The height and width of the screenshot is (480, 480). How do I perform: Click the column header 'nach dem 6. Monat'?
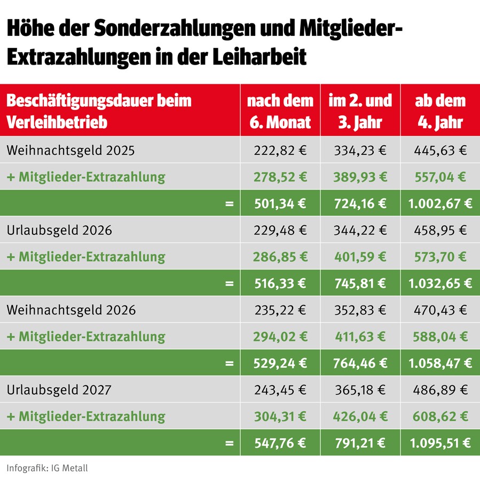[280, 111]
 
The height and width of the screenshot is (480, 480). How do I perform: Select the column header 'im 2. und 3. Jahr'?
[360, 111]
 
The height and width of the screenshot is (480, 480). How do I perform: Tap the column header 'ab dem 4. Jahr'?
[440, 111]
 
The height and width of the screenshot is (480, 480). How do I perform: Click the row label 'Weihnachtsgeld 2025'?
[70, 151]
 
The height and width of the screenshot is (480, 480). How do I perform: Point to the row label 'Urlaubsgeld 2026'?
[59, 230]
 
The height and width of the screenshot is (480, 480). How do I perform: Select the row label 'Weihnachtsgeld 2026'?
[71, 310]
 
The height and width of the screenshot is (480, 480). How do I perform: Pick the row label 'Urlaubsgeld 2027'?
[59, 390]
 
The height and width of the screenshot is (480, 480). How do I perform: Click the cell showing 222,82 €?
[280, 151]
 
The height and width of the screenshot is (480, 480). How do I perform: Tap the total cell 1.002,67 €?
[440, 203]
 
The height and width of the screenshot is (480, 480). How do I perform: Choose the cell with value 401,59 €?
[360, 257]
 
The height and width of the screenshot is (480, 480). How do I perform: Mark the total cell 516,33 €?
[280, 283]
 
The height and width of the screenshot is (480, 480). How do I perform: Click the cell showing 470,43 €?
[440, 310]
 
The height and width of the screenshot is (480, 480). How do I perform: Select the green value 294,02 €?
[280, 337]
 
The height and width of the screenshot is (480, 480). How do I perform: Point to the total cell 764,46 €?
[360, 363]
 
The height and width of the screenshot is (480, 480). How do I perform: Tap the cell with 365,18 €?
[360, 390]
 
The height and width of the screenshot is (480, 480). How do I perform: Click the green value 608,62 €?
[440, 416]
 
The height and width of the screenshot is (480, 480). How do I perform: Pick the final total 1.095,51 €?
[440, 443]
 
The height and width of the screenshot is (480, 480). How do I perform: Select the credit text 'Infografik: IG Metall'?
[47, 468]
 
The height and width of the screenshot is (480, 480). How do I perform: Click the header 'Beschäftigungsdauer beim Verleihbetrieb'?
[99, 111]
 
